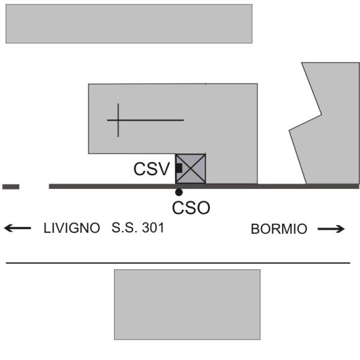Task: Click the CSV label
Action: point(152,169)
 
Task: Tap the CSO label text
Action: point(191,208)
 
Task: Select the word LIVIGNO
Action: point(72,228)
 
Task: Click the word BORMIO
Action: point(279,229)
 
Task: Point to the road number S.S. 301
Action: point(138,228)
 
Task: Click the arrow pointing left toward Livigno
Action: point(17,228)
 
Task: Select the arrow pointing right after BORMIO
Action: point(331,229)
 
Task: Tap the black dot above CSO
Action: point(179,192)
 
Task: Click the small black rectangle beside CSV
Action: point(179,168)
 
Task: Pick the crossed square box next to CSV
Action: point(190,169)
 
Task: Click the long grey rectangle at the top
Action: point(129,23)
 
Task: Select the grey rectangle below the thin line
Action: point(187,305)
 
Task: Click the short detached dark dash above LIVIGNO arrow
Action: point(11,187)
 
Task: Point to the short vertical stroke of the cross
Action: point(118,120)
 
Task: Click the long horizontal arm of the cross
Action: point(145,120)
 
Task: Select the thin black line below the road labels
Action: point(178,263)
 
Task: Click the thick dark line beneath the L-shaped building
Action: point(204,187)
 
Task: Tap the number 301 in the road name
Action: point(153,228)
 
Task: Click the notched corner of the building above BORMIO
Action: point(321,115)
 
